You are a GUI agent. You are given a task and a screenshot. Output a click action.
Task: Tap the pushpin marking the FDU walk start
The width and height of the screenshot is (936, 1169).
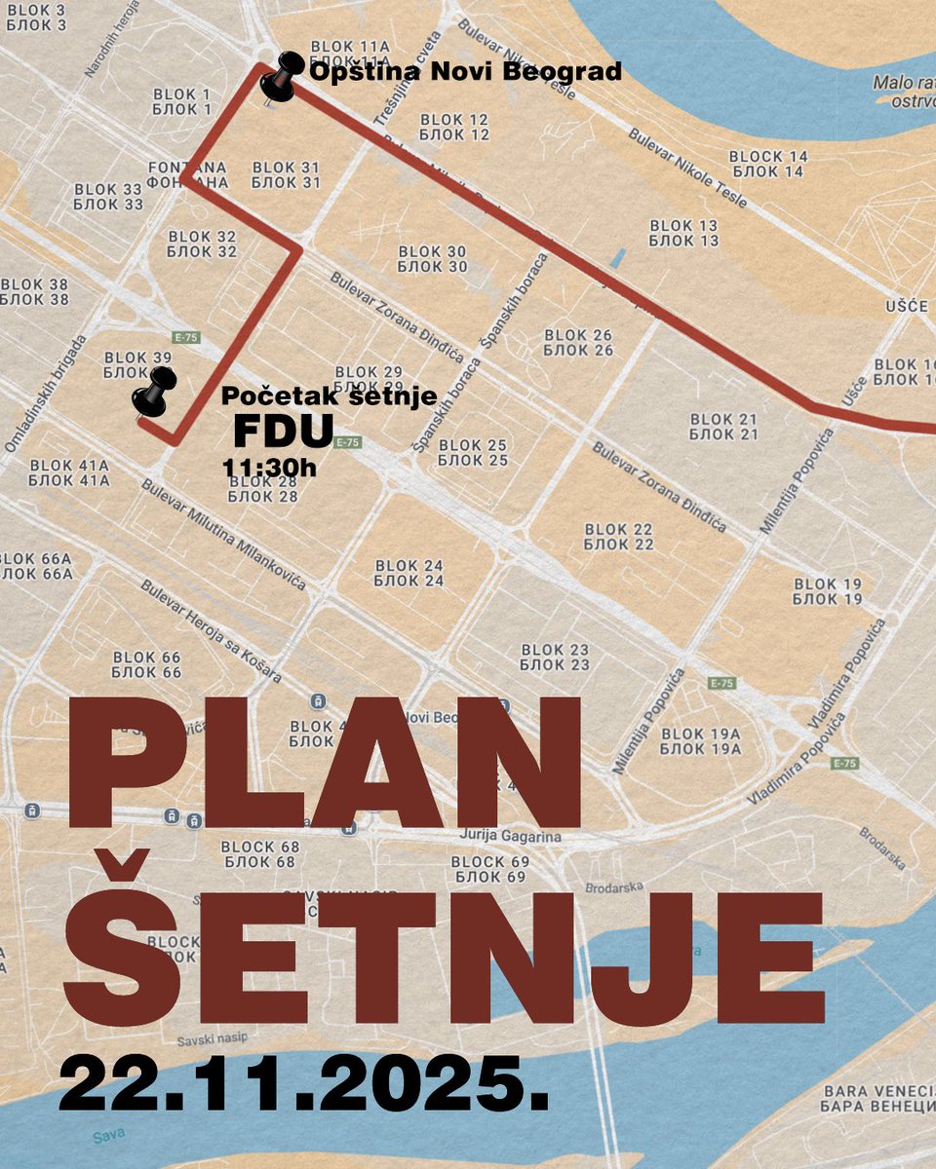pyautogui.click(x=153, y=392)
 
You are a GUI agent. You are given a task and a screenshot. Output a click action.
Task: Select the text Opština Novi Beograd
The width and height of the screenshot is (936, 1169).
pyautogui.click(x=465, y=72)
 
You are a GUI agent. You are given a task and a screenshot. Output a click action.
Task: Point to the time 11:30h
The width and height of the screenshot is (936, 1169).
pyautogui.click(x=270, y=468)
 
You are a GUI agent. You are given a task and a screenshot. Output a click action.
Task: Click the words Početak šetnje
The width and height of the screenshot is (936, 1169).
pyautogui.click(x=330, y=397)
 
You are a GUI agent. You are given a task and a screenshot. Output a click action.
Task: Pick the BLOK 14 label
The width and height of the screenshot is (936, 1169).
pyautogui.click(x=768, y=164)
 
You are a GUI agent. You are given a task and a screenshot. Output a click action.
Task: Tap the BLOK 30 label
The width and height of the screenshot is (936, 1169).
pyautogui.click(x=433, y=259)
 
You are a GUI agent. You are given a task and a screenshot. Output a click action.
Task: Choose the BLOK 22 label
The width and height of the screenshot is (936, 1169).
pyautogui.click(x=619, y=537)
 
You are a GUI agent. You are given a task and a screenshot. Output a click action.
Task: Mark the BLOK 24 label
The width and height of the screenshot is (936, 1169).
pyautogui.click(x=409, y=573)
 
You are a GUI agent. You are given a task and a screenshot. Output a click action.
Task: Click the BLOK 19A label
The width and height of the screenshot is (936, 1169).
pyautogui.click(x=701, y=741)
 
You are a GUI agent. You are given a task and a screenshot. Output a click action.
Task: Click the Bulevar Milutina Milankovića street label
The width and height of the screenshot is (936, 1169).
pyautogui.click(x=223, y=535)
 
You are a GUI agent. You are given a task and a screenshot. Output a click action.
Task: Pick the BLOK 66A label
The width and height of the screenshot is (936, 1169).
pyautogui.click(x=36, y=566)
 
